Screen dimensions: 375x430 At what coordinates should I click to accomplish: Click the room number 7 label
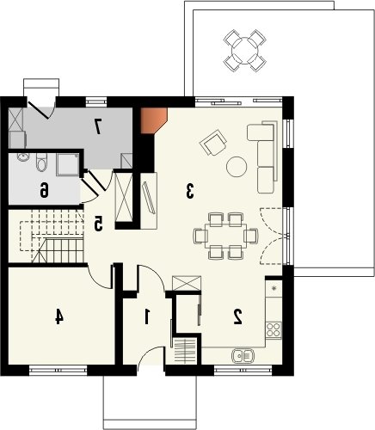tap(98, 126)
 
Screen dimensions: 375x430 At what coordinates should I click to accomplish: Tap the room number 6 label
tap(44, 190)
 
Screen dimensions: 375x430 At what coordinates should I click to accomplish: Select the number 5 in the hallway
tap(98, 224)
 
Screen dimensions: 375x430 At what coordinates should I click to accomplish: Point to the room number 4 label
tap(58, 316)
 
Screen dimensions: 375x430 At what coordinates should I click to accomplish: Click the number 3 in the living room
tap(189, 192)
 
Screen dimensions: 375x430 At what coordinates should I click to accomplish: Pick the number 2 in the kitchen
tap(238, 316)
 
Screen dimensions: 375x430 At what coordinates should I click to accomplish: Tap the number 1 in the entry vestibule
tap(147, 316)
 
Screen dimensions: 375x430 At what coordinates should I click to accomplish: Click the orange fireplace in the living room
tap(154, 120)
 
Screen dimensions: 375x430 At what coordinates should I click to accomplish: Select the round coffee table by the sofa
tap(237, 167)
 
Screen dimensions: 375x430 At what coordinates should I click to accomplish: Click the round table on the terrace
tap(245, 51)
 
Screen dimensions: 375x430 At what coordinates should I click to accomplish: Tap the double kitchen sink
tap(243, 355)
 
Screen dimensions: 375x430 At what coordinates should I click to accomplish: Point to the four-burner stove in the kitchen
tap(274, 330)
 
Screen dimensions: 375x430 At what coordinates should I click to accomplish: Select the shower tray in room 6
tap(68, 164)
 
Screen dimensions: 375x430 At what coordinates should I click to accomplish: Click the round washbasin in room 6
tap(22, 157)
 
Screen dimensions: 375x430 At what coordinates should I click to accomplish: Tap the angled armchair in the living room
tap(213, 143)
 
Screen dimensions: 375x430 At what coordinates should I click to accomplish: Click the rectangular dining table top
tap(225, 236)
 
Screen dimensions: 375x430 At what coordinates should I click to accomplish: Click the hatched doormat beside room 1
tap(185, 351)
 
